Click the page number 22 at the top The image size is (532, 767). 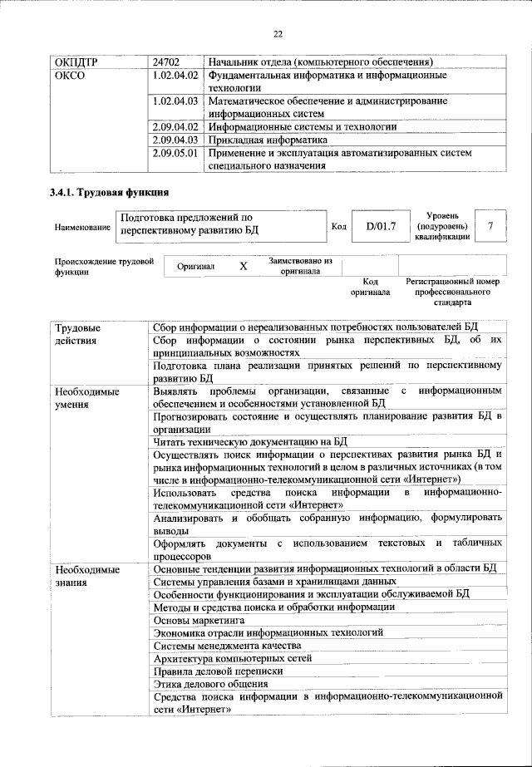(278, 34)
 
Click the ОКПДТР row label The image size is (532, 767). (76, 61)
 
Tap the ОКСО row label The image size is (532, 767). (69, 75)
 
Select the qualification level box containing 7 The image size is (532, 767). (494, 226)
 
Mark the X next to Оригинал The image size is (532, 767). (243, 267)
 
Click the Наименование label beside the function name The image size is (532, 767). (82, 227)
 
